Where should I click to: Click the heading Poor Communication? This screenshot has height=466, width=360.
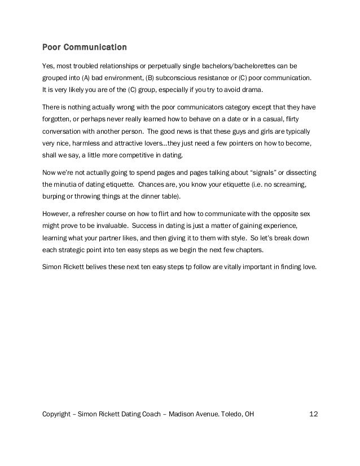click(x=85, y=46)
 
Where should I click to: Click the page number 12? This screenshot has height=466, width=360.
click(x=314, y=415)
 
